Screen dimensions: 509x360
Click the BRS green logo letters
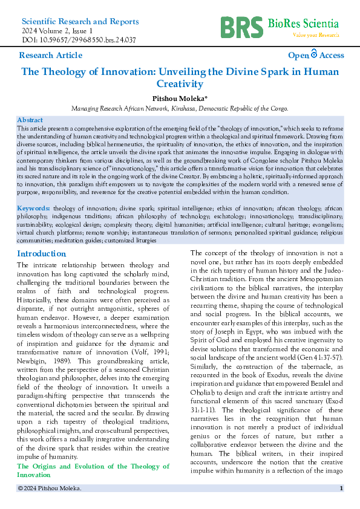click(241, 25)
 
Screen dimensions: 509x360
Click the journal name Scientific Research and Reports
click(80, 21)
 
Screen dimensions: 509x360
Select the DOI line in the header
click(79, 40)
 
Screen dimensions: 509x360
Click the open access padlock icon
click(314, 54)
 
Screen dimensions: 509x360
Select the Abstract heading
click(30, 120)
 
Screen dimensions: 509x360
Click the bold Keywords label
click(34, 208)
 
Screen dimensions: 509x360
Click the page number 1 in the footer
click(342, 488)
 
